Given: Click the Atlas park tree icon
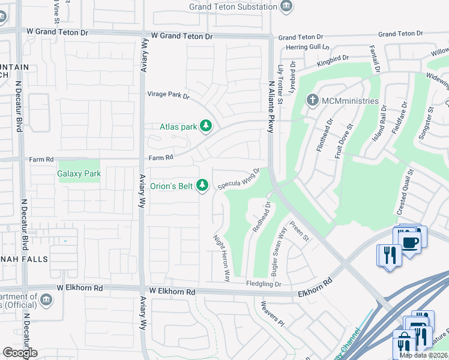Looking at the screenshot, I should pos(206,126).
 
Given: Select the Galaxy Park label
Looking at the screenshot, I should pos(79,173).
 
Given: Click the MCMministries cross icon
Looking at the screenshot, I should pos(312,100).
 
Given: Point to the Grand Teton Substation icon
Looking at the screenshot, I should pos(287,7).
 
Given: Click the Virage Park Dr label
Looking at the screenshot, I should pos(169,95).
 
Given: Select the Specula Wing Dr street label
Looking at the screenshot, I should pos(238,179).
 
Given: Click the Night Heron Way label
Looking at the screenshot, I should pos(222,258).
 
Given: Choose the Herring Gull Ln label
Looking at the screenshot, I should pos(308,47).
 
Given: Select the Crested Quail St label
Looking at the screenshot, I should pos(406,192).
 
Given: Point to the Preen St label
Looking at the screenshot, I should pos(298,231).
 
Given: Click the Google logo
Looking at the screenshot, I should pos(20,353).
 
